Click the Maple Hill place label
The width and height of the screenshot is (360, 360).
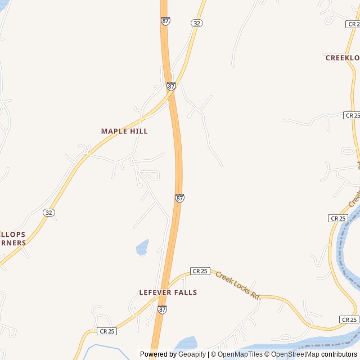point(124,131)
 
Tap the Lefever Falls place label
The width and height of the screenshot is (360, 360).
point(168,292)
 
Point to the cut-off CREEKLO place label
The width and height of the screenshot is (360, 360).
point(342,58)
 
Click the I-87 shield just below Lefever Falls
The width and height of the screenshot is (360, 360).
point(162,309)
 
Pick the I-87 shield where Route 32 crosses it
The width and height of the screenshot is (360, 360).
point(171,87)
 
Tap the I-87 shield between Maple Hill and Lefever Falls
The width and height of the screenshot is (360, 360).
point(179,199)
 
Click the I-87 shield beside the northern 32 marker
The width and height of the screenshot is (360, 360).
point(165,21)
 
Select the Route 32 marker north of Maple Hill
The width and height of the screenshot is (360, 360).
point(196,23)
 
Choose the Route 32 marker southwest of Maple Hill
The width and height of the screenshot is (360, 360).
point(49,212)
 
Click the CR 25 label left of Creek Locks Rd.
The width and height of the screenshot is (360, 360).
point(200,271)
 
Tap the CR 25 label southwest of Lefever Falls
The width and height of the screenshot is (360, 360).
point(106,331)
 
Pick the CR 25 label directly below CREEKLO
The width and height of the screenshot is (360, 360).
point(352,115)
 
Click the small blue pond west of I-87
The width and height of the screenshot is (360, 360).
point(142,247)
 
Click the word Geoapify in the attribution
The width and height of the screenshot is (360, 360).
point(192,354)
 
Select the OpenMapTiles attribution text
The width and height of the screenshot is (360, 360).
point(241,354)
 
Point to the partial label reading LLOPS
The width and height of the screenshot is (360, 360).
point(12,234)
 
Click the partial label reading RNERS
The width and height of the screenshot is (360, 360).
point(12,243)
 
